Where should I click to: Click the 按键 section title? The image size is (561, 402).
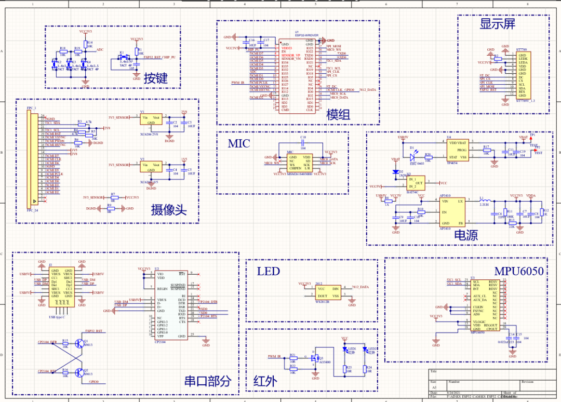[x=156, y=78]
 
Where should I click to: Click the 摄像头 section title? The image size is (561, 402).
[x=168, y=210]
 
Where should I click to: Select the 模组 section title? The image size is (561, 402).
[x=338, y=115]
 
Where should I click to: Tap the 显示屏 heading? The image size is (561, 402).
[x=497, y=24]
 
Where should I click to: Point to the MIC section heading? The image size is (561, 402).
[x=238, y=144]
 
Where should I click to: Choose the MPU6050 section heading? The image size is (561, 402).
[x=518, y=271]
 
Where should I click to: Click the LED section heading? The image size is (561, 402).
[x=268, y=271]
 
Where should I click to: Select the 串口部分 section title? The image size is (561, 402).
[x=207, y=381]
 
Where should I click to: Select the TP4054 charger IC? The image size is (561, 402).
[x=458, y=149]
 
